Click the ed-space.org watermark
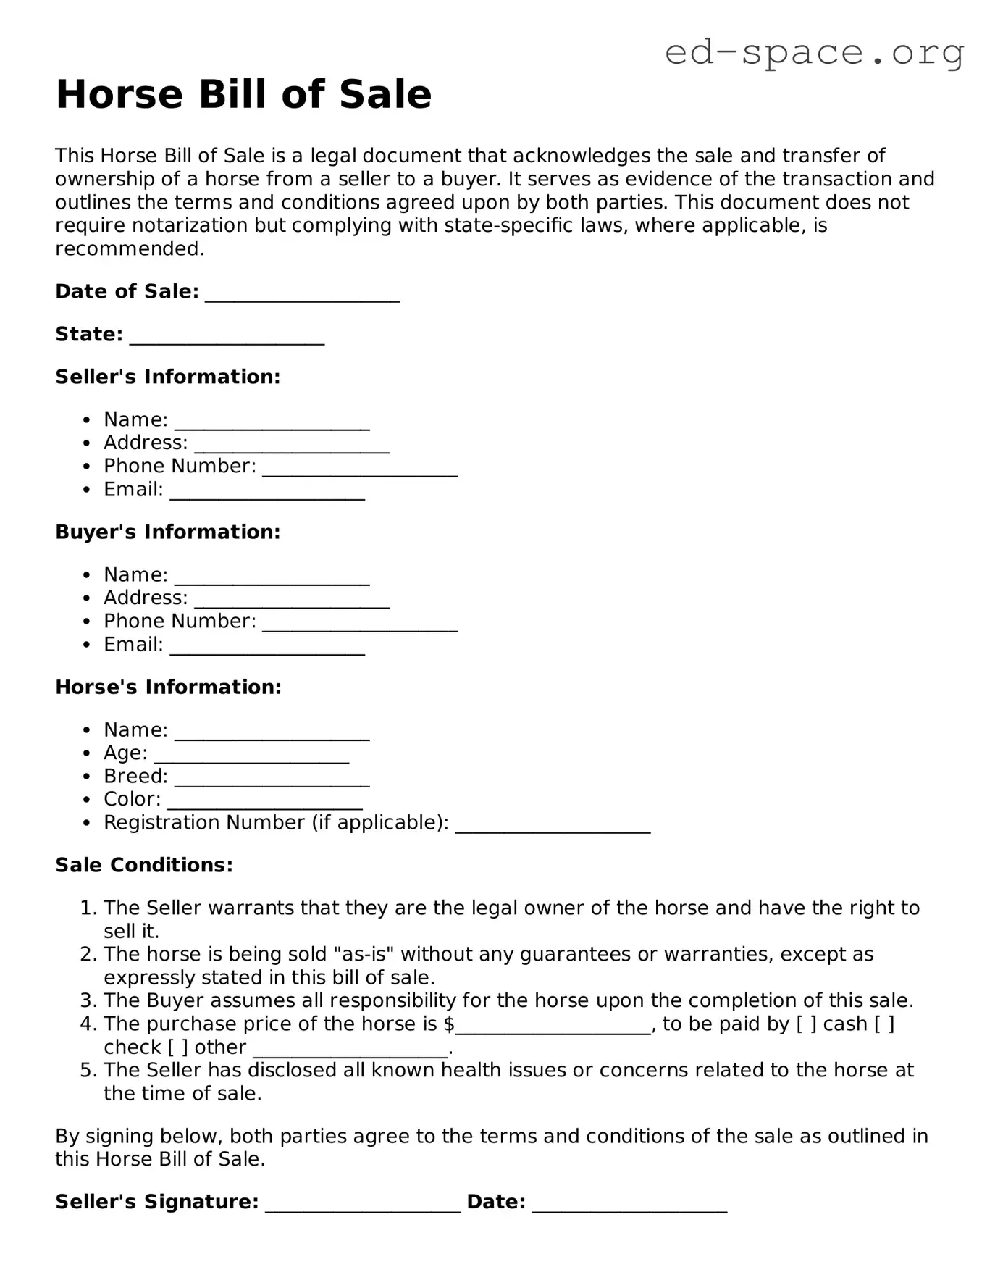(814, 52)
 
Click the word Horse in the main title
(119, 94)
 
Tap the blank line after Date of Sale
(303, 294)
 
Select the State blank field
(227, 337)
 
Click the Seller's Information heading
(167, 377)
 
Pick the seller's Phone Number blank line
(359, 469)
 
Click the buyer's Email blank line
(267, 647)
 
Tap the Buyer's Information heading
(167, 532)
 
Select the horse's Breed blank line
(272, 779)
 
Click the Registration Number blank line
(553, 825)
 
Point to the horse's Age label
(125, 753)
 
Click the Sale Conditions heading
(144, 865)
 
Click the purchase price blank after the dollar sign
(553, 1026)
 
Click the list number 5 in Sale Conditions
(88, 1070)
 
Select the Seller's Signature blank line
(362, 1205)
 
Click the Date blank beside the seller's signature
(629, 1205)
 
